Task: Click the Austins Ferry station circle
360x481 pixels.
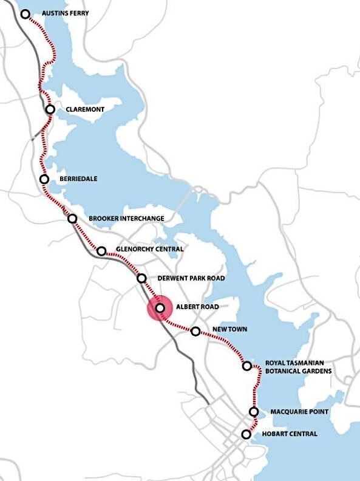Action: (25, 13)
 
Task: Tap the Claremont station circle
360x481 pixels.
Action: (50, 109)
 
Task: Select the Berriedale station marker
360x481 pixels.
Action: (44, 179)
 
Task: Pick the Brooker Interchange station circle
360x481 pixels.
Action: (72, 219)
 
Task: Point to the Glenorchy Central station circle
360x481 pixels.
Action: (101, 250)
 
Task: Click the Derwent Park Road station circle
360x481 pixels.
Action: (141, 279)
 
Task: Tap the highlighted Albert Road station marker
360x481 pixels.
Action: (160, 309)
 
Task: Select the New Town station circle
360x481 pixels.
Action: (195, 332)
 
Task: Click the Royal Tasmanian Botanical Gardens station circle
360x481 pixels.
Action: (247, 366)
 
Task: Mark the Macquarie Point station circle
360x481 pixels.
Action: (254, 412)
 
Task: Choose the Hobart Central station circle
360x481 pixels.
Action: (246, 434)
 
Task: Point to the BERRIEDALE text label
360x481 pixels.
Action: (78, 179)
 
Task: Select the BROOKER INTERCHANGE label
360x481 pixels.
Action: (126, 219)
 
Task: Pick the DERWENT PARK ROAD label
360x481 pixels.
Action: (191, 279)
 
